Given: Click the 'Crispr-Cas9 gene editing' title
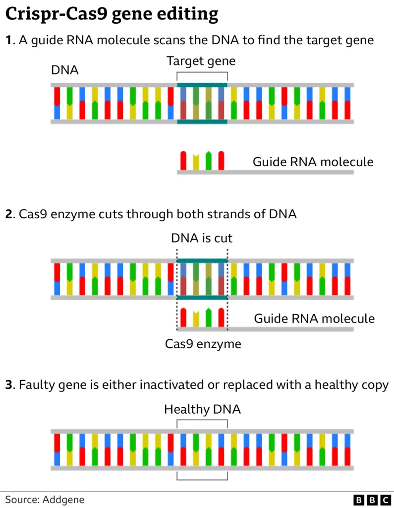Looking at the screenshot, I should [112, 14].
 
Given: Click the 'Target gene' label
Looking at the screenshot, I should [201, 61].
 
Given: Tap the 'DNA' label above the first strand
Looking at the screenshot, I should [65, 70].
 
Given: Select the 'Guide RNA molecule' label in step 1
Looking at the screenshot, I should [313, 162].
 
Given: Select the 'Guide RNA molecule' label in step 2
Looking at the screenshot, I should [314, 318].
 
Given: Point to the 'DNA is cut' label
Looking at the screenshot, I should [202, 238].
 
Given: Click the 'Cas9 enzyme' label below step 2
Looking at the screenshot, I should [203, 344].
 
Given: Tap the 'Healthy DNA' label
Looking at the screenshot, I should [202, 409].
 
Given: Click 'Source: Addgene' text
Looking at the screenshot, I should [45, 500].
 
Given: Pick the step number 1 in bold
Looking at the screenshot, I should [8, 40].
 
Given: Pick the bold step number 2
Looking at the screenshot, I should [9, 214].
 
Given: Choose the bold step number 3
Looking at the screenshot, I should [9, 384].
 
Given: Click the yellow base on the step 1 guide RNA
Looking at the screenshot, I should [196, 161].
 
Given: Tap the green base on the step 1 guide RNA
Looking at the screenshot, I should [209, 160].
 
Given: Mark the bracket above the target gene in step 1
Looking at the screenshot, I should [202, 73].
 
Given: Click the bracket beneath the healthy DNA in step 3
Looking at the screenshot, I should [202, 478].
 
